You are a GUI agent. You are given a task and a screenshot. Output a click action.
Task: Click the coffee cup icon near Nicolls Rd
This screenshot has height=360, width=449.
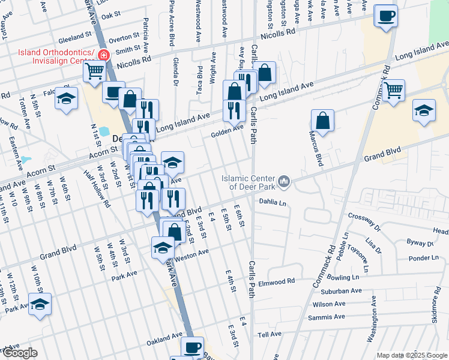pos(386,16)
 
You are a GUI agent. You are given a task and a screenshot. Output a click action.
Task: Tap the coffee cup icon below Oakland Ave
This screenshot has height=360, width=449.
pos(192,347)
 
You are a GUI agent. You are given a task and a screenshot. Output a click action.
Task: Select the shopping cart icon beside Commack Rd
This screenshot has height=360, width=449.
pos(393,91)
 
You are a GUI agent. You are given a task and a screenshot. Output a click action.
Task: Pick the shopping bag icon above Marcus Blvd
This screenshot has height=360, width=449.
pos(323,120)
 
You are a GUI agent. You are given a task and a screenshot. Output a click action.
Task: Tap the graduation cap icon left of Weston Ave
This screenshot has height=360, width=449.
pos(163,247)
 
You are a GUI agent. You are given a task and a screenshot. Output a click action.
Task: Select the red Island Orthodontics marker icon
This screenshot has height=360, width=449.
pos(103,56)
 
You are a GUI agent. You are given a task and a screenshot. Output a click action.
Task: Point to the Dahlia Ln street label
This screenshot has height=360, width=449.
pos(273,203)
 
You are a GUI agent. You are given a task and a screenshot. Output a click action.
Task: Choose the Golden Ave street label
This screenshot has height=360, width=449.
pos(227,131)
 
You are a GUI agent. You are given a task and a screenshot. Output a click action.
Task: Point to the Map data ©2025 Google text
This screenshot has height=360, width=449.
pos(412,355)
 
